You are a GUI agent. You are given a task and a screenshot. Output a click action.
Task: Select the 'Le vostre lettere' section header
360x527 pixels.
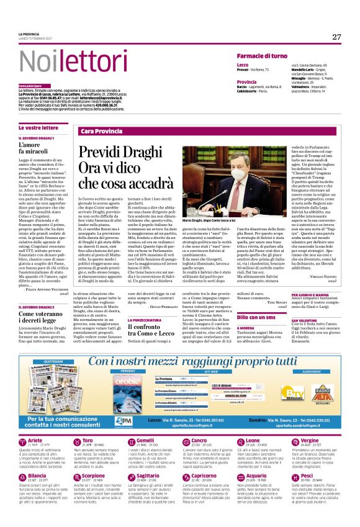pos(38,127)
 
